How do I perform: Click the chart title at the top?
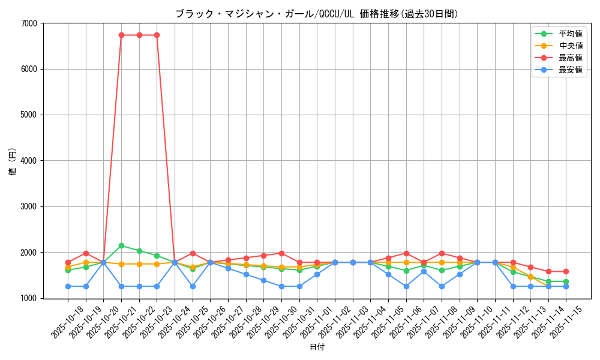pyautogui.click(x=316, y=14)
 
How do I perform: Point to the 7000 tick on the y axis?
pyautogui.click(x=29, y=23)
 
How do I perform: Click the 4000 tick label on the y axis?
pyautogui.click(x=29, y=161)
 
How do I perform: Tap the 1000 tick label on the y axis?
pyautogui.click(x=29, y=298)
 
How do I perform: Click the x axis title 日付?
pyautogui.click(x=317, y=347)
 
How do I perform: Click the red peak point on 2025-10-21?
pyautogui.click(x=121, y=35)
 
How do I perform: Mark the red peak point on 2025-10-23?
pyautogui.click(x=157, y=35)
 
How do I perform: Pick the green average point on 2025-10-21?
pyautogui.click(x=121, y=245)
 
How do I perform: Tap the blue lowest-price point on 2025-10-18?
pyautogui.click(x=68, y=286)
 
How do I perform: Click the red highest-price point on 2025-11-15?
pyautogui.click(x=566, y=271)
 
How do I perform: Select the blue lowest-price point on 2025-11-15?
pyautogui.click(x=566, y=286)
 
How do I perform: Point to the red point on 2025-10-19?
pyautogui.click(x=86, y=253)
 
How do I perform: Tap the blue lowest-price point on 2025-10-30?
pyautogui.click(x=281, y=286)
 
